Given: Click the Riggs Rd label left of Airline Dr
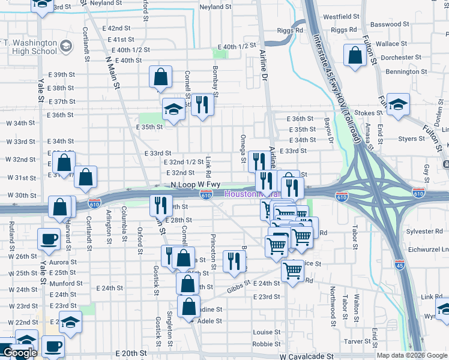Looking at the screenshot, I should point(290,30).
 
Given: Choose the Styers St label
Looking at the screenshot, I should point(412,139).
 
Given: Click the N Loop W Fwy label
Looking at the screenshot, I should point(196,185).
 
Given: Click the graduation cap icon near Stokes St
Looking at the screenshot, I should point(398,104).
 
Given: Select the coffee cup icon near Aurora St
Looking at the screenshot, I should point(49,238).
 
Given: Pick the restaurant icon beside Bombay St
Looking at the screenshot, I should point(202,106).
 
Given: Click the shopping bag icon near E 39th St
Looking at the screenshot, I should point(160,76).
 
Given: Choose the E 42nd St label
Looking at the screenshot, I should point(116,28).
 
